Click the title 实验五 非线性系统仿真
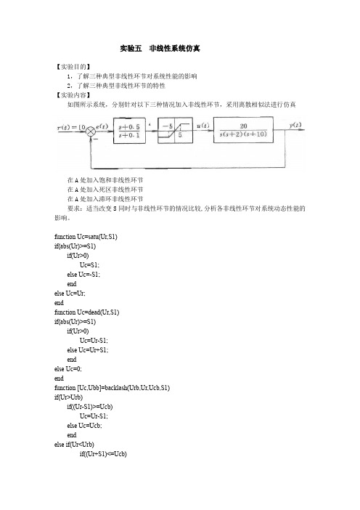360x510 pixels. [160, 49]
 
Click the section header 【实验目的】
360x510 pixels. [73, 67]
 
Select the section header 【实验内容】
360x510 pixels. [73, 95]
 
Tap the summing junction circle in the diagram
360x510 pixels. [91, 131]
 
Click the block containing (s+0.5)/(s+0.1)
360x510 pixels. [129, 131]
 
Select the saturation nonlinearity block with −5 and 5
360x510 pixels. [175, 131]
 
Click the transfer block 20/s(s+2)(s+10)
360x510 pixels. [243, 130]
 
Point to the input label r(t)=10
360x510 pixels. [71, 127]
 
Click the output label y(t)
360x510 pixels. [295, 125]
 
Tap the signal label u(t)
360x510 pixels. [203, 126]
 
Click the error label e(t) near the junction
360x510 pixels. [102, 126]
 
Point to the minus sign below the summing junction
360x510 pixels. [96, 139]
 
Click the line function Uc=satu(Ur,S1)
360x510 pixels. [86, 237]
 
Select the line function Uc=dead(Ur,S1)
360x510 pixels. [87, 312]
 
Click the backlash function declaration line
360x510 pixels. [112, 388]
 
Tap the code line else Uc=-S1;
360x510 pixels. [83, 275]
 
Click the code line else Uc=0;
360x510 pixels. [68, 369]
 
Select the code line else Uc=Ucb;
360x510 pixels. [84, 426]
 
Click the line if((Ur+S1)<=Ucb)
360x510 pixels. [103, 454]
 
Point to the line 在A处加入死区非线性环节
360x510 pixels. [105, 190]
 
